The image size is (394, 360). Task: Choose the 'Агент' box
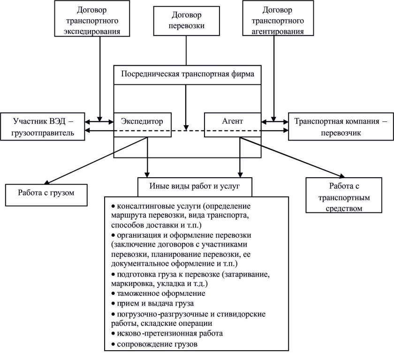pyautogui.click(x=231, y=121)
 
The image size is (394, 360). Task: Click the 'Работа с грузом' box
pyautogui.click(x=47, y=192)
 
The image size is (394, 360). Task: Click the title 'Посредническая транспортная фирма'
pyautogui.click(x=188, y=74)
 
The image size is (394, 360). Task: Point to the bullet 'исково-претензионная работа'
pyautogui.click(x=167, y=334)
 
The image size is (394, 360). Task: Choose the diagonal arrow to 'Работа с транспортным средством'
pyautogui.click(x=281, y=157)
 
